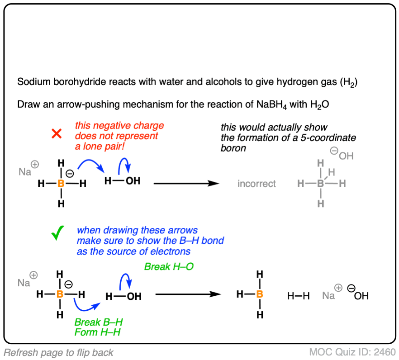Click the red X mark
coord(57,134)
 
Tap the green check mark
coord(57,236)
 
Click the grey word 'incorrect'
coord(256,184)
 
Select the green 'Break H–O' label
coord(169,267)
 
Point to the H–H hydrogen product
coord(299,296)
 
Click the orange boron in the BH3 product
coord(259,295)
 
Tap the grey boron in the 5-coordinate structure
coord(320,184)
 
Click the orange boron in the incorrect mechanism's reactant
coord(61,184)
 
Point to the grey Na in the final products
coord(328,296)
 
